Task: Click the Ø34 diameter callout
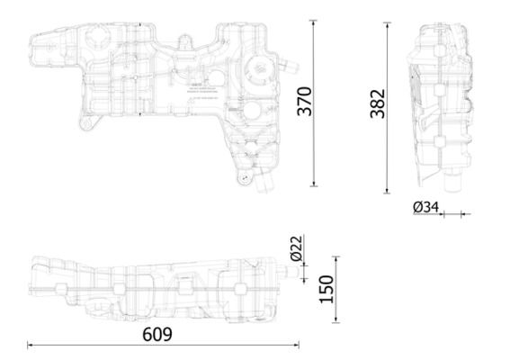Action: coord(425,207)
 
